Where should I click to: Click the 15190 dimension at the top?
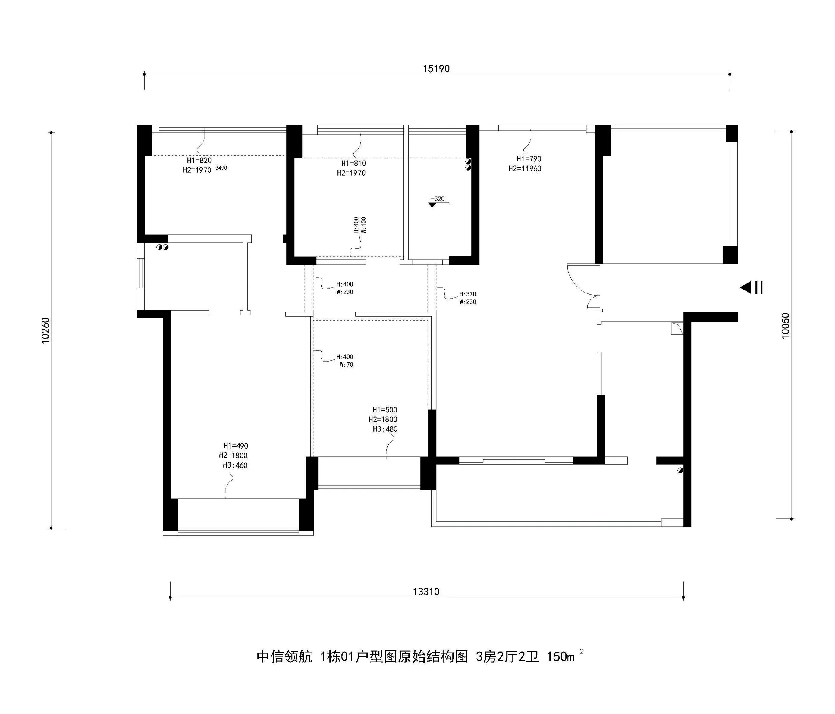coord(436,69)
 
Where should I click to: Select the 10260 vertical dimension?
coord(45,330)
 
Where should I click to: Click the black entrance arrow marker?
coord(746,288)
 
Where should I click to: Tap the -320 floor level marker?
coord(437,199)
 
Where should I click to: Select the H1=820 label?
coord(199,160)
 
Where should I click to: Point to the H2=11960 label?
coord(525,169)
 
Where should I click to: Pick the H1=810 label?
coord(353,164)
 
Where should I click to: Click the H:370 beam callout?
coord(467,294)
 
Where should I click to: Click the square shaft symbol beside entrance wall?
coord(677,328)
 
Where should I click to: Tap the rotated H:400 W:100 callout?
coord(360,225)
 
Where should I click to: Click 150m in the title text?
coord(560,657)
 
